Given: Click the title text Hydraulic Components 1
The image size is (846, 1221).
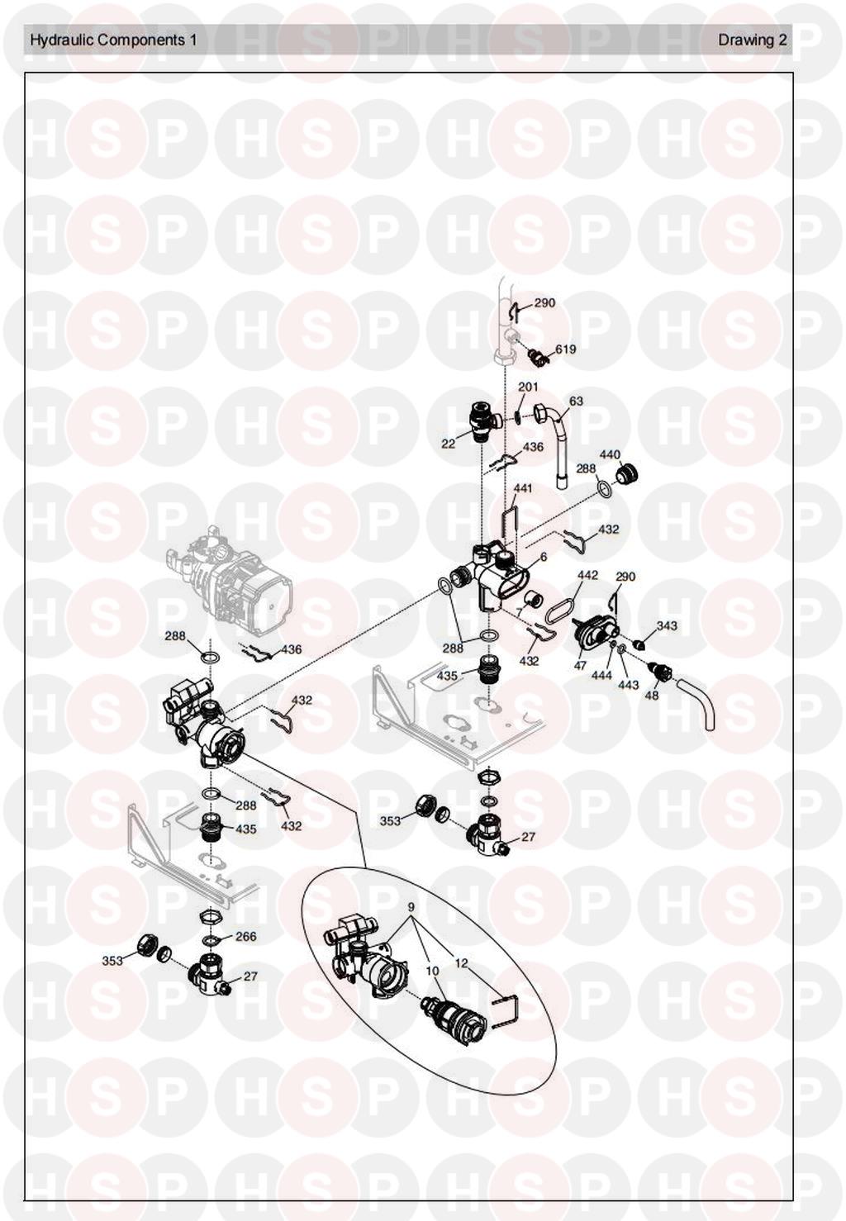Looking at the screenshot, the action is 113,40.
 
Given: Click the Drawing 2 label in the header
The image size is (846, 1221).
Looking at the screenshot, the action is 753,40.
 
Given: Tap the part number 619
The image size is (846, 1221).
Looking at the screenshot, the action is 565,349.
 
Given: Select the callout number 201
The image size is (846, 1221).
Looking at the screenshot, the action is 528,387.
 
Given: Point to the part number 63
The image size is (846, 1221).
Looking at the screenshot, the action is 576,401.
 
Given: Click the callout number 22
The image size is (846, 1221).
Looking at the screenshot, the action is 448,444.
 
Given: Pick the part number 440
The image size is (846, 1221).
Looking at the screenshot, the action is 610,454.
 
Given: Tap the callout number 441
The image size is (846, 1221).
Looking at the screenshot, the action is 522,488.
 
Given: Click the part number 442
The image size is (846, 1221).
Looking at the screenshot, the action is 587,575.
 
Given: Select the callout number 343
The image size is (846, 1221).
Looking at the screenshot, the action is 667,625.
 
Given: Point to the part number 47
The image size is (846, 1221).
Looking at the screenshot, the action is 580,666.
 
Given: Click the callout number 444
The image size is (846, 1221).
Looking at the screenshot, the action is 602,676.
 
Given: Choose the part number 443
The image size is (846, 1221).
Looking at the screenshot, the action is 629,685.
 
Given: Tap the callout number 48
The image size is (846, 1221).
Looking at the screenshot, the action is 652,695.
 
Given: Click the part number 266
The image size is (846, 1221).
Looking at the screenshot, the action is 246,937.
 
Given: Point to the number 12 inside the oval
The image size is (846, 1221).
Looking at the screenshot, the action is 461,963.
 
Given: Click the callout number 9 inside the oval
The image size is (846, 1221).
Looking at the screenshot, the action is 411,908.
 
